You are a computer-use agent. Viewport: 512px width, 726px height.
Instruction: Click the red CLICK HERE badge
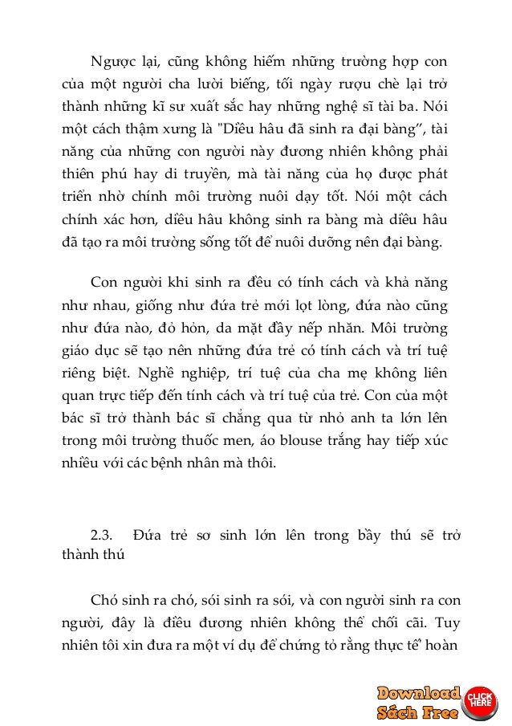480,699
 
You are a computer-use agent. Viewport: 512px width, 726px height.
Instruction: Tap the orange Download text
419,693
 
